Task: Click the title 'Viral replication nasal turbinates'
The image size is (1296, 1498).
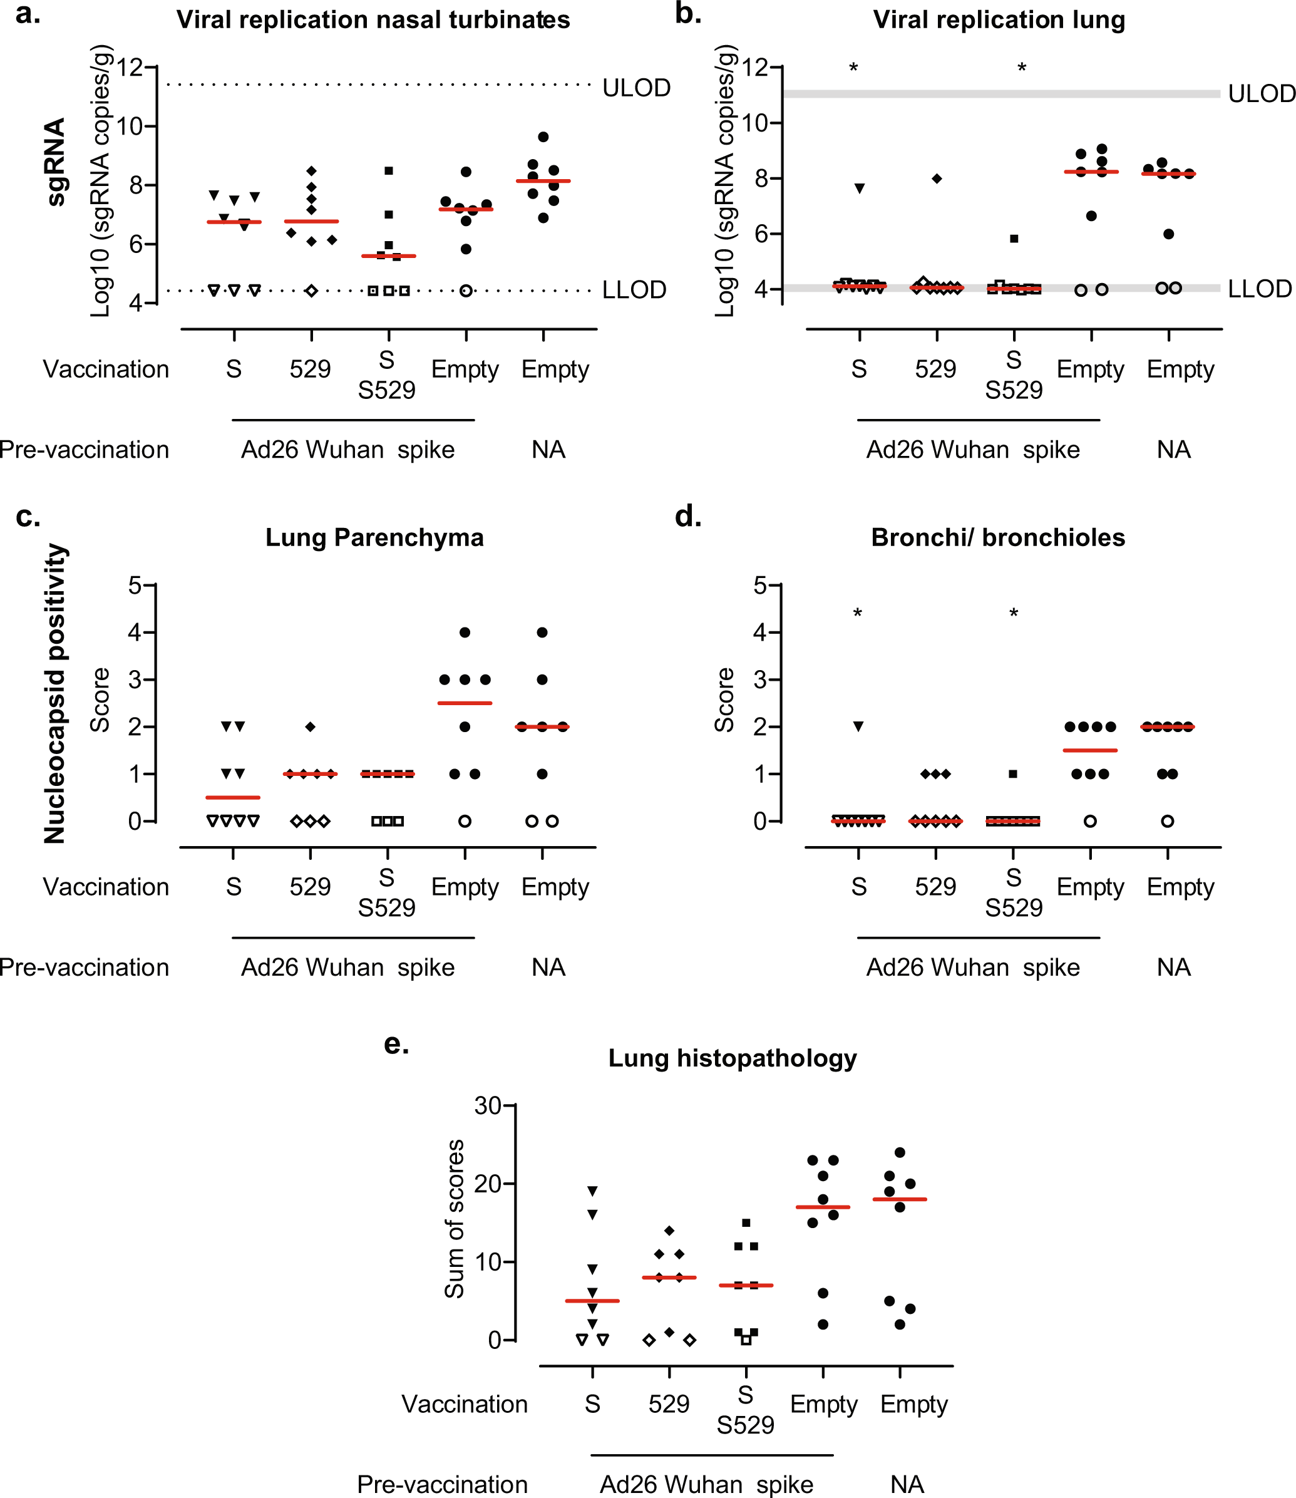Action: pyautogui.click(x=373, y=19)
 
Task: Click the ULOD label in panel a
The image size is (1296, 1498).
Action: pyautogui.click(x=637, y=88)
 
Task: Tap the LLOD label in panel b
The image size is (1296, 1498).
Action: pyautogui.click(x=1259, y=289)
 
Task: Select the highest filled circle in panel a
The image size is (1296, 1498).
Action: pyautogui.click(x=544, y=137)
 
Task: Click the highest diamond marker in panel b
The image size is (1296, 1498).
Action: pyautogui.click(x=937, y=178)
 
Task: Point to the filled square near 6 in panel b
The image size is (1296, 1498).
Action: pyautogui.click(x=1014, y=239)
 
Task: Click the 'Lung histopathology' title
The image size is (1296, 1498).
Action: pyautogui.click(x=732, y=1058)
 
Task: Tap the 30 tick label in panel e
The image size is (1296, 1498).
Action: pyautogui.click(x=488, y=1106)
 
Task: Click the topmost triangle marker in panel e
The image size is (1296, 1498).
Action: pyautogui.click(x=592, y=1191)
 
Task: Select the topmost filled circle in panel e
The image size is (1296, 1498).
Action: pyautogui.click(x=900, y=1152)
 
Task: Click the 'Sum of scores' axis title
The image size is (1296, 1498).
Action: pyautogui.click(x=454, y=1219)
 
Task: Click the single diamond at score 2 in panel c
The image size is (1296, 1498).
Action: pyautogui.click(x=311, y=726)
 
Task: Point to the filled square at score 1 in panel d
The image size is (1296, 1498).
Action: pyautogui.click(x=1013, y=774)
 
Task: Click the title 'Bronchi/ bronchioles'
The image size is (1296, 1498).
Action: pyautogui.click(x=998, y=537)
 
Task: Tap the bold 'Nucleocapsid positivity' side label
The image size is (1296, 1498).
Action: pyautogui.click(x=55, y=694)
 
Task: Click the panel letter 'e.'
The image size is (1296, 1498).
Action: pyautogui.click(x=396, y=1044)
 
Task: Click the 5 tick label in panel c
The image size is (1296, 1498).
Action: pyautogui.click(x=135, y=585)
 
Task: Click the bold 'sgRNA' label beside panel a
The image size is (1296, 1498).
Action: pyautogui.click(x=55, y=162)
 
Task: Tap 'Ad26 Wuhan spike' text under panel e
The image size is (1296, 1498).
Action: pyautogui.click(x=707, y=1484)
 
